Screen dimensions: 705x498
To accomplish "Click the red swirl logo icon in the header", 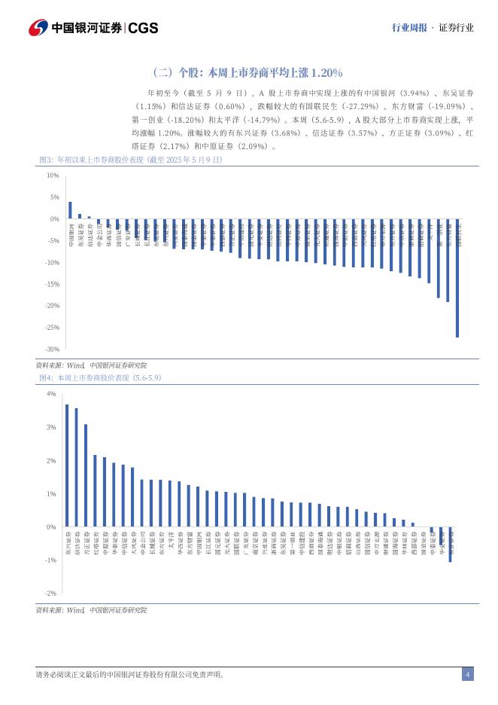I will (38, 28).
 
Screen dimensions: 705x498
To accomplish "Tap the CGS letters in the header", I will (144, 28).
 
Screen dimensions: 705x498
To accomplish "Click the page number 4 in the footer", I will (467, 674).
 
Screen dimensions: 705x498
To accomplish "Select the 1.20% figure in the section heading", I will (325, 72).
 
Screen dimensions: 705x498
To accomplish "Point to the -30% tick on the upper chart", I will (53, 349).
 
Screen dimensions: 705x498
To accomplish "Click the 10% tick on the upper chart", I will (53, 175).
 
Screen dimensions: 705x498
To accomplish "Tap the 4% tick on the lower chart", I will (51, 394).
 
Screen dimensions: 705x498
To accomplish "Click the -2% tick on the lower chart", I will (50, 594).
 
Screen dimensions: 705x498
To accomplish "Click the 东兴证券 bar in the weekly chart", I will (67, 465).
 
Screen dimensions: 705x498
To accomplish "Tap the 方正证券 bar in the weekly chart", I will (86, 475).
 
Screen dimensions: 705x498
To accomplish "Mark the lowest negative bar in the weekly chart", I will (451, 545).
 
